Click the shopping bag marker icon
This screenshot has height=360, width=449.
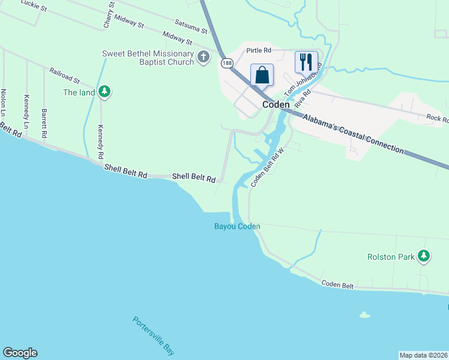pyautogui.click(x=262, y=76)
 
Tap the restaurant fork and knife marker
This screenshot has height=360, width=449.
pyautogui.click(x=306, y=61)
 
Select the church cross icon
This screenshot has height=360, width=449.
pyautogui.click(x=203, y=57)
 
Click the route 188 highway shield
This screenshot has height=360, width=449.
pyautogui.click(x=226, y=62)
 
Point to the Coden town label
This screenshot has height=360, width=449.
pyautogui.click(x=276, y=104)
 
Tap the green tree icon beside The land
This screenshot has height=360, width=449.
pyautogui.click(x=105, y=92)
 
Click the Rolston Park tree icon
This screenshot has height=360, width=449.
pyautogui.click(x=424, y=256)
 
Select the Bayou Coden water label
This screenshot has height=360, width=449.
pyautogui.click(x=238, y=226)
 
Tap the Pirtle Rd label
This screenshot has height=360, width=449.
pyautogui.click(x=259, y=51)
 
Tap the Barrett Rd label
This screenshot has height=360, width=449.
pyautogui.click(x=44, y=123)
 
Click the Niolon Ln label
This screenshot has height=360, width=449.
pyautogui.click(x=4, y=103)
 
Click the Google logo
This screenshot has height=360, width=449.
pyautogui.click(x=20, y=353)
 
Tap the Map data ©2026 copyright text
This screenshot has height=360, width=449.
pyautogui.click(x=424, y=355)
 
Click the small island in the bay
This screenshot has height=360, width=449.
pyautogui.click(x=364, y=314)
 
